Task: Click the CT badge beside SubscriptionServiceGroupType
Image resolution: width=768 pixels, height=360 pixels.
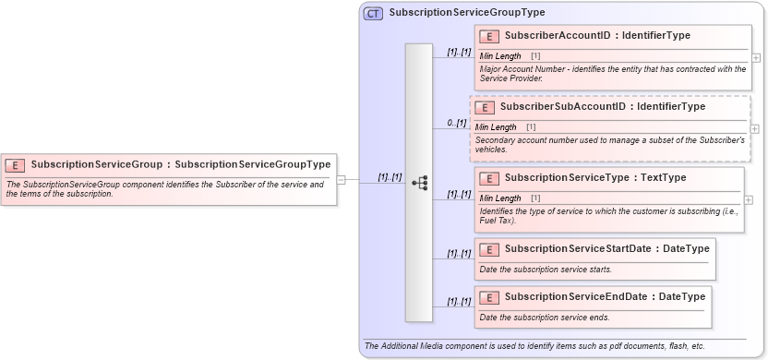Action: (373, 13)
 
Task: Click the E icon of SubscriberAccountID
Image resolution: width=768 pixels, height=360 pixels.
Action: (488, 36)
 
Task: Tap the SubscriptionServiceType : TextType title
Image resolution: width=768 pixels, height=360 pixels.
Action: (595, 177)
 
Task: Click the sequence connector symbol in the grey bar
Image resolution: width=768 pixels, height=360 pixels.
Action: (418, 183)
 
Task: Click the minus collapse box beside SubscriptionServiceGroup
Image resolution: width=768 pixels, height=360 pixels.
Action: (341, 179)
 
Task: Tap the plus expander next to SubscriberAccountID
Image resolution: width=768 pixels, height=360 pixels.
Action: (756, 57)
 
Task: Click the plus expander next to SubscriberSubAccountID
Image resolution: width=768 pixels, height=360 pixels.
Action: (755, 128)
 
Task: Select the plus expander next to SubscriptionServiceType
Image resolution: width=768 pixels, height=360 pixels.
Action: (749, 199)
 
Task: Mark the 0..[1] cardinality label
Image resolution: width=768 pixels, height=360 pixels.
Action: (456, 123)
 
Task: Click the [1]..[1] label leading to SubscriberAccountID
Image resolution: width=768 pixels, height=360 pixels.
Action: (459, 52)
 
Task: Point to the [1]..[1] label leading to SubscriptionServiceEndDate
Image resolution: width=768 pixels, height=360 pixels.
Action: (459, 301)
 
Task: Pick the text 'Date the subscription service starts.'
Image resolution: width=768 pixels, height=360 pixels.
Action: (546, 270)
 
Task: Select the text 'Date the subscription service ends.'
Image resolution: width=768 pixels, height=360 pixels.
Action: (545, 318)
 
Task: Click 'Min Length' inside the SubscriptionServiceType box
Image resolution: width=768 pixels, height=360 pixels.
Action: (500, 198)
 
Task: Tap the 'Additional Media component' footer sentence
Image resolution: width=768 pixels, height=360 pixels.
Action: (534, 346)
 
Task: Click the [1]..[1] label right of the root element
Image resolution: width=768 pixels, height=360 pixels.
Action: (390, 176)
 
